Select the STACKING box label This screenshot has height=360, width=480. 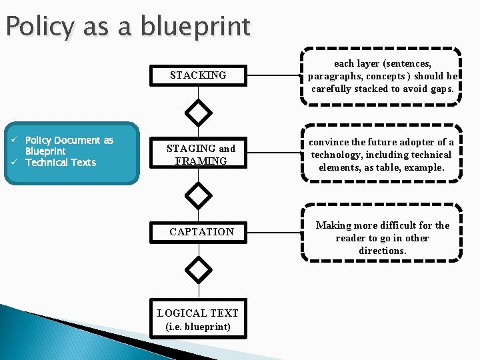point(198,75)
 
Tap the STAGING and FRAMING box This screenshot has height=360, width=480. point(201,155)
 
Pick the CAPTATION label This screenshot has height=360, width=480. point(201,232)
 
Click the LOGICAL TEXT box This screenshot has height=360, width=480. point(198,320)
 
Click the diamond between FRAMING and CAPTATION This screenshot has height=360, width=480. point(198,195)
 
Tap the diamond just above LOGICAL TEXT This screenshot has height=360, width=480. point(198,269)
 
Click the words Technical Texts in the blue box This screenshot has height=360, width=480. point(61,163)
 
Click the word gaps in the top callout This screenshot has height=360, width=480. point(442,89)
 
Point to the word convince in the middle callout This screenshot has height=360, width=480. point(329,142)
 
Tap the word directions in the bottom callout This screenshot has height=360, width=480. point(383,251)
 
